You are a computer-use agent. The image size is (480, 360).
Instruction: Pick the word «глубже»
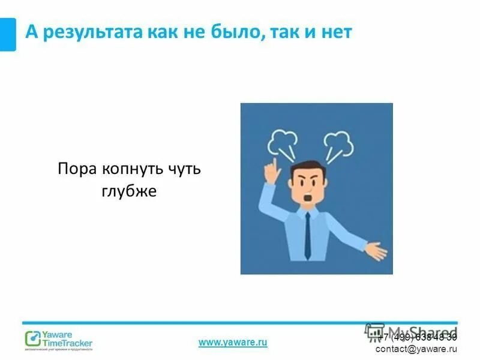coord(129,191)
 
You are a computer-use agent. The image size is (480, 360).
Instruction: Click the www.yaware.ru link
coord(232,342)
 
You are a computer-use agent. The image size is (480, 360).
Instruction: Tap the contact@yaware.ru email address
coord(416,349)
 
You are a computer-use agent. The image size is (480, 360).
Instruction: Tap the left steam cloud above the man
coord(283,143)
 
